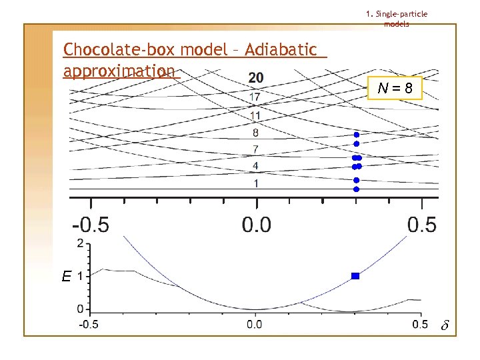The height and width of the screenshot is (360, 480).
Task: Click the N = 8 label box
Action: (395, 88)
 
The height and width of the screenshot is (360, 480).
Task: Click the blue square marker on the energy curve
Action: (355, 275)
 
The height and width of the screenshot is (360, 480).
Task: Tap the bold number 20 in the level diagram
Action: (256, 79)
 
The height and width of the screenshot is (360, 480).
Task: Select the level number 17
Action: (255, 97)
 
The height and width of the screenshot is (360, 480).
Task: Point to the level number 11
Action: (255, 115)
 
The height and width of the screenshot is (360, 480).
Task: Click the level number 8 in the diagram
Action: (256, 133)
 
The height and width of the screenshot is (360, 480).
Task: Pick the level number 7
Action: (256, 149)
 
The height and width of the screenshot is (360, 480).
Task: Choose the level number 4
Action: (256, 165)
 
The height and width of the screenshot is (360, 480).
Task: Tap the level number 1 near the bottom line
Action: (256, 183)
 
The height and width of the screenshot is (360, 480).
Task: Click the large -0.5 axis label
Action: (91, 225)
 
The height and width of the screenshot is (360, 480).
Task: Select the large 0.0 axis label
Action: (256, 225)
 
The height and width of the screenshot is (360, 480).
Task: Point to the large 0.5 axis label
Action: (421, 225)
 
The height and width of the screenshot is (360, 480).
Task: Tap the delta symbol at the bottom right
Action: (445, 326)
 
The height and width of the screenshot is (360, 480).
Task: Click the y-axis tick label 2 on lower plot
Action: (81, 243)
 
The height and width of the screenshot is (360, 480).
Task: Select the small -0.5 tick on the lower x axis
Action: (89, 325)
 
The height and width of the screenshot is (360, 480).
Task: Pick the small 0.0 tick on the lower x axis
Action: (255, 325)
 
